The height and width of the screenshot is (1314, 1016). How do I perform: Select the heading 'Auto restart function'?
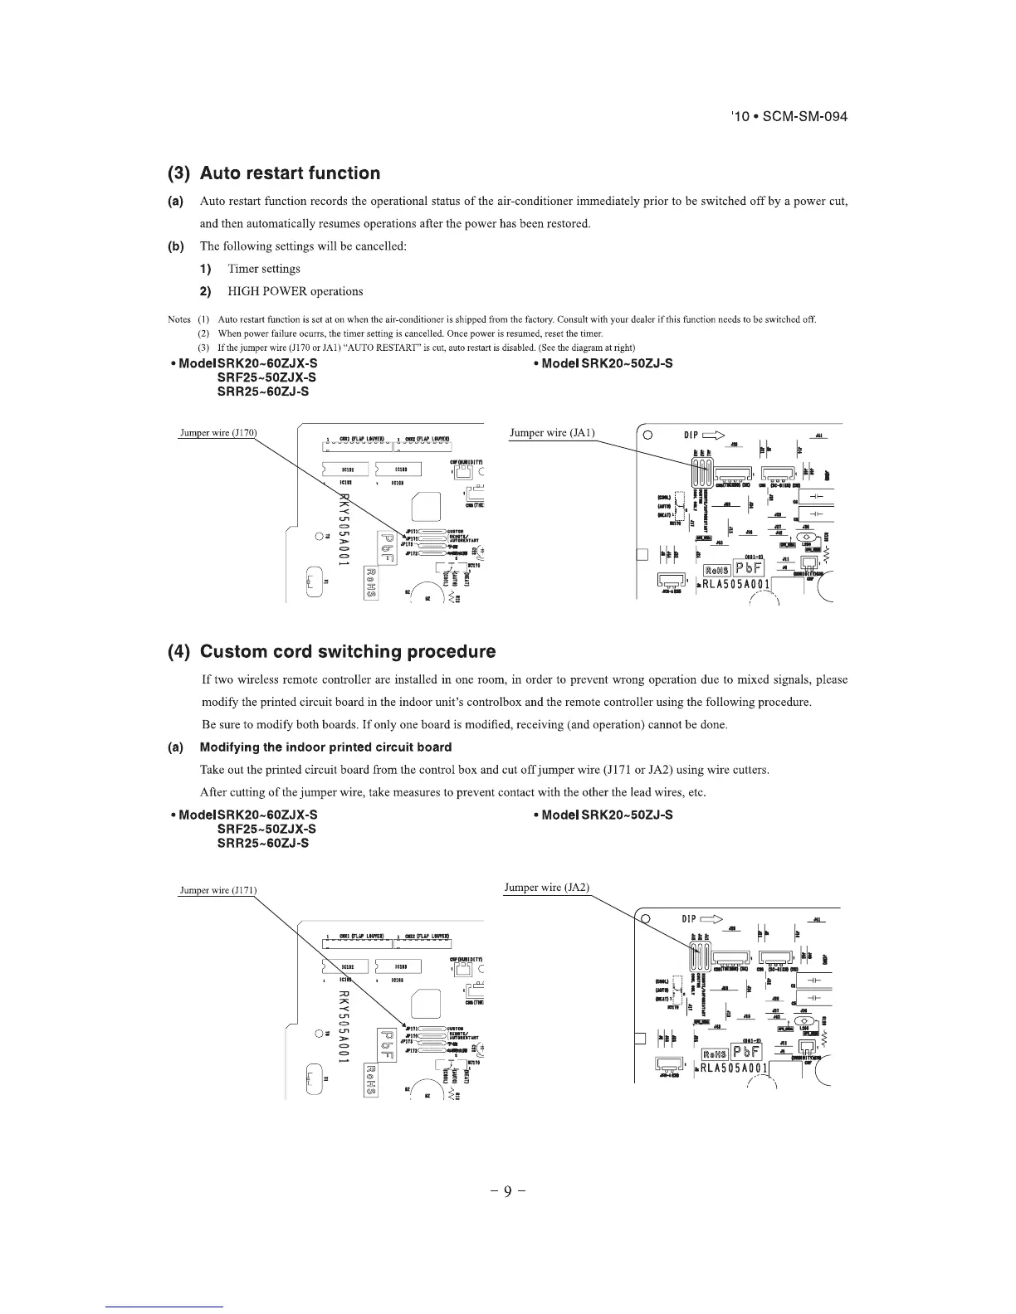tap(290, 173)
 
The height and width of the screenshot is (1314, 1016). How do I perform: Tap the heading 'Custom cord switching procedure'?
tap(348, 651)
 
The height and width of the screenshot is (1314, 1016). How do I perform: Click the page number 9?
tap(506, 1193)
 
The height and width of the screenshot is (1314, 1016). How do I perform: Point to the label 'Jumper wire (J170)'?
tap(219, 432)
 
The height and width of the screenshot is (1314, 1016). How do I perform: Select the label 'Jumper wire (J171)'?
tap(218, 891)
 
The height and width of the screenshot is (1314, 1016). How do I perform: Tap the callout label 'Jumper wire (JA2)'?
tap(546, 888)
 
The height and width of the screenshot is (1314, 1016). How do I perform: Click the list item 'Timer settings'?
tap(264, 269)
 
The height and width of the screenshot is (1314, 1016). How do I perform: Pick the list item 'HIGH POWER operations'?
tap(295, 291)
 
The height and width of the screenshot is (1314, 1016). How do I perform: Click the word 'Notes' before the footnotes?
tap(179, 319)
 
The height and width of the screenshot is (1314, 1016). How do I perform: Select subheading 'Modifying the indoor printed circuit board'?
tap(325, 747)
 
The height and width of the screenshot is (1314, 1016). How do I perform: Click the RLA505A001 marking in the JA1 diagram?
tap(735, 584)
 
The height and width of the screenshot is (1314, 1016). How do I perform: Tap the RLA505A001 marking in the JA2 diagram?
tap(734, 1068)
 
